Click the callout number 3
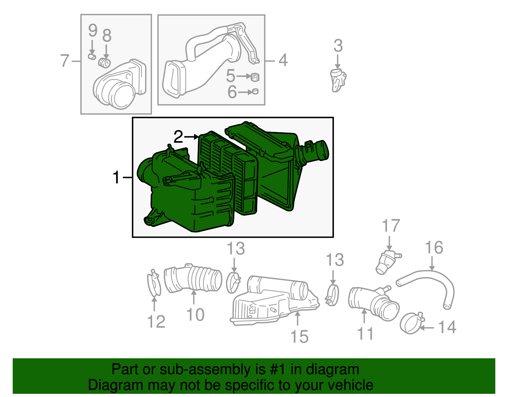point(338,46)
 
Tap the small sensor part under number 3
point(338,80)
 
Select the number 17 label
point(391,226)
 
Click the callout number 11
point(365,334)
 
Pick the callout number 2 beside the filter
point(178,137)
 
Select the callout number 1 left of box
point(117,177)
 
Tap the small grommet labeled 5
point(255,77)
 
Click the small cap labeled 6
point(255,92)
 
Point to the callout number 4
point(283,60)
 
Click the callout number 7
point(65,61)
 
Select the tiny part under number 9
point(92,57)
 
